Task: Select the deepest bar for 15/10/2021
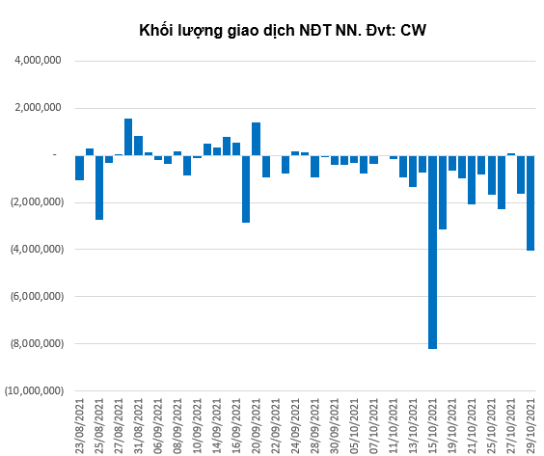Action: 432,252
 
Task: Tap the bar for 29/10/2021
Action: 530,202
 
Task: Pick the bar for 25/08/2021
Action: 99,188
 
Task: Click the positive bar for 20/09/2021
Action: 256,139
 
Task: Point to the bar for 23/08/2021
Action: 79,168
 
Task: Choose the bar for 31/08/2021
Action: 139,146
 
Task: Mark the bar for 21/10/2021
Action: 472,179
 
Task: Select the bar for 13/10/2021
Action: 413,171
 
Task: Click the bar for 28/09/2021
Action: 314,167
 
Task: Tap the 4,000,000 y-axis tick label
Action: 38,61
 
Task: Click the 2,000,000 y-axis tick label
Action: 38,108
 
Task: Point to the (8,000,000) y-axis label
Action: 37,343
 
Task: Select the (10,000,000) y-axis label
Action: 35,390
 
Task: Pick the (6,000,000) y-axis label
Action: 37,297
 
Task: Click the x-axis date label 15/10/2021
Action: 432,426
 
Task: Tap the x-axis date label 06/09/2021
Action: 158,426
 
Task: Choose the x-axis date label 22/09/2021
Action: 276,426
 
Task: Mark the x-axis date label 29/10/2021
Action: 530,426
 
